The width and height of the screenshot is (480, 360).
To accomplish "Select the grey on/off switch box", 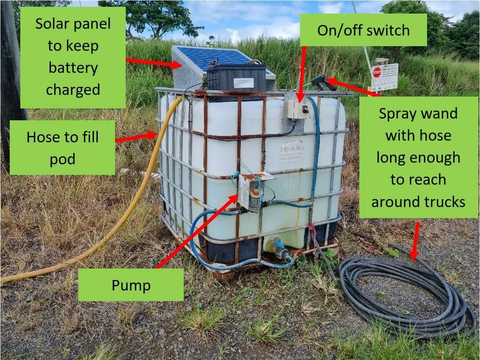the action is (299, 109).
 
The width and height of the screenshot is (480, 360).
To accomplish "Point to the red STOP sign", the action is (377, 72).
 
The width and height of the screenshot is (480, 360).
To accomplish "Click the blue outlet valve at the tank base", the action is (280, 248).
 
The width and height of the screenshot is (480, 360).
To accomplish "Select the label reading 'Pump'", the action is (131, 285).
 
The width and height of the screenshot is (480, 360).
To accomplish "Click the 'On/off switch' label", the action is (363, 30).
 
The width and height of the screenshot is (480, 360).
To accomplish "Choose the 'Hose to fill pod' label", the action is (63, 148).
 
